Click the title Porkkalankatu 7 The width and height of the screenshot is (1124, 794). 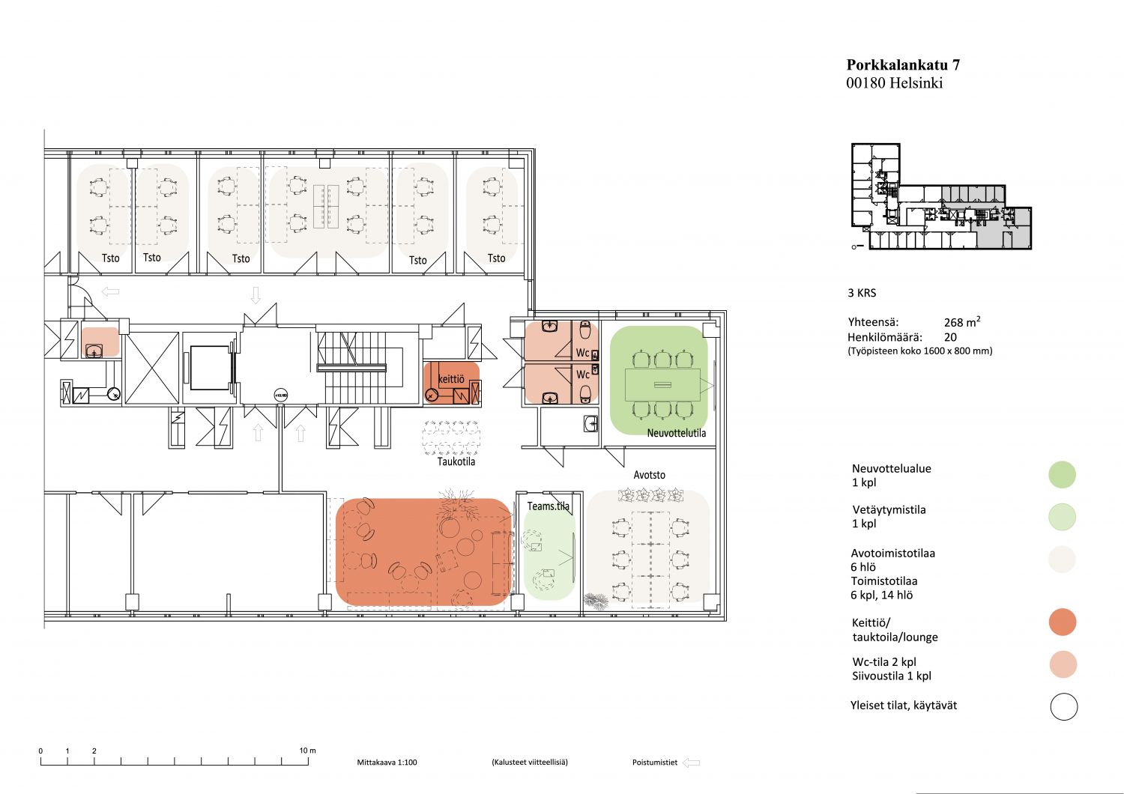[903, 64]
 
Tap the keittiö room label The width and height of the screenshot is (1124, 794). [451, 379]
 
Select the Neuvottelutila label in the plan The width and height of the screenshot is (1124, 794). [676, 433]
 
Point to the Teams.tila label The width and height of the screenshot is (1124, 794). [548, 506]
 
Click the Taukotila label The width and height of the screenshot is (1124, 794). [456, 461]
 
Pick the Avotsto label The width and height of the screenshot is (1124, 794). [649, 474]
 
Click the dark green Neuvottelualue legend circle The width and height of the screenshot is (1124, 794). [1063, 474]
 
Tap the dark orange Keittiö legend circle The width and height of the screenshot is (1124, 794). [1063, 622]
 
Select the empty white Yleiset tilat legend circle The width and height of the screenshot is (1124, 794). [1064, 706]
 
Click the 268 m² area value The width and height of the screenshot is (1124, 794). [962, 321]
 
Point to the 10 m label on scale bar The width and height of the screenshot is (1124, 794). [307, 751]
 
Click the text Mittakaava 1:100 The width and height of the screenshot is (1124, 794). [387, 763]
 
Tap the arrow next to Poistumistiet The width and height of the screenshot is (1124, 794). [692, 763]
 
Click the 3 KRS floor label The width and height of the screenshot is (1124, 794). [862, 293]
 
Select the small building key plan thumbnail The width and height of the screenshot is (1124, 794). [941, 196]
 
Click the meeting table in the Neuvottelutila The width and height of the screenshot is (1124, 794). [662, 385]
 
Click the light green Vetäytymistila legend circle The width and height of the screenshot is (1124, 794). [1063, 517]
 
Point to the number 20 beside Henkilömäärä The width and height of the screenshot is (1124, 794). [950, 337]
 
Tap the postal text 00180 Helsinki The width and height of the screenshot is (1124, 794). [894, 82]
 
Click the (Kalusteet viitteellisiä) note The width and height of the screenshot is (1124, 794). [530, 763]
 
